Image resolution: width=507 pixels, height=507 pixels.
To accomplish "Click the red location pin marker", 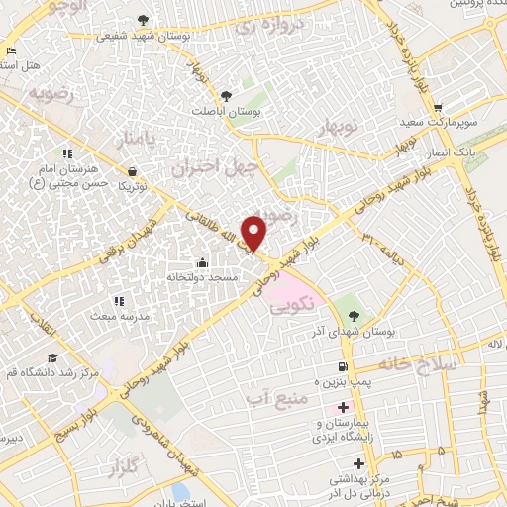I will pos(254,232).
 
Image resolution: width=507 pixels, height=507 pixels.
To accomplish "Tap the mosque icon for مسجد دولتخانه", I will pos(203,263).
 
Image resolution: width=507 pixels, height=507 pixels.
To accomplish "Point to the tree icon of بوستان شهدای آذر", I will pos(355,314).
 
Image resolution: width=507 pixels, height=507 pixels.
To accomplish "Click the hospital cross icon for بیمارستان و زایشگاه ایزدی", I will pos(343,408).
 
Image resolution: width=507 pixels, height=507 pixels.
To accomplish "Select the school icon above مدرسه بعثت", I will pos(118,301).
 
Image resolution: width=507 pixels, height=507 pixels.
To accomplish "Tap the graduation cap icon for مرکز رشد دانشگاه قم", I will pos(51,358).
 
